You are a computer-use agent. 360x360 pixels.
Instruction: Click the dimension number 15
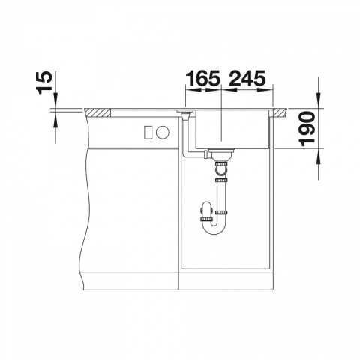tap(45, 82)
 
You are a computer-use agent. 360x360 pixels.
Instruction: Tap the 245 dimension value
tap(247, 78)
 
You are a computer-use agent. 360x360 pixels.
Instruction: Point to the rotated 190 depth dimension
tap(307, 129)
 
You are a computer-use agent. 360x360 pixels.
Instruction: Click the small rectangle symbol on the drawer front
tap(148, 132)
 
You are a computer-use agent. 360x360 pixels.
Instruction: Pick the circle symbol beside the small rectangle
tap(163, 132)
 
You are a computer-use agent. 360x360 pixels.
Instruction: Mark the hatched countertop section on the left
tap(98, 112)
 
